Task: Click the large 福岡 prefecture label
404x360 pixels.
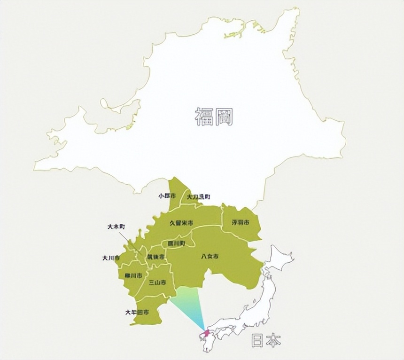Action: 214,116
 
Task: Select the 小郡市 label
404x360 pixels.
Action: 167,196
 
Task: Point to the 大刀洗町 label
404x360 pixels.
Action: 198,196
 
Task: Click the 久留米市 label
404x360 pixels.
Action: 181,223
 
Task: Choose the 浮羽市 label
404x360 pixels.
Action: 240,222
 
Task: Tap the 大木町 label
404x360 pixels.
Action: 116,227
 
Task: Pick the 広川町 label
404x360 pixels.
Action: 173,243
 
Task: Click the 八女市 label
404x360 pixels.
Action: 210,257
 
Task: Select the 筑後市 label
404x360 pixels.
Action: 155,258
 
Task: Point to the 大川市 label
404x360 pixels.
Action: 111,258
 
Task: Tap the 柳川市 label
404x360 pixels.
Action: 133,276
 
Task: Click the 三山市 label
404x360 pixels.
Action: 157,282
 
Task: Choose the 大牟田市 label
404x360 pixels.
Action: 137,312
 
